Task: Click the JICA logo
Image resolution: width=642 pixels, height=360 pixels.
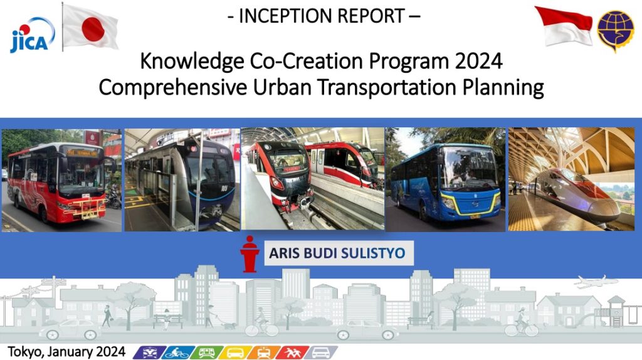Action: pyautogui.click(x=32, y=36)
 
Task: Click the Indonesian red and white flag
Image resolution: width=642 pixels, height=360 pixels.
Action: pyautogui.click(x=564, y=26)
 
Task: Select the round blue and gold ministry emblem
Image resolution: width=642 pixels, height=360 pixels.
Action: pyautogui.click(x=616, y=30)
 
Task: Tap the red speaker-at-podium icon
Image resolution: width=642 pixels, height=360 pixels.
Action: pyautogui.click(x=250, y=254)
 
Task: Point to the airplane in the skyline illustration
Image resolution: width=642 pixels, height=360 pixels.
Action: pyautogui.click(x=596, y=282)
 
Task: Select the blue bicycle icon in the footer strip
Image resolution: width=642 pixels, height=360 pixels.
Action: pyautogui.click(x=177, y=352)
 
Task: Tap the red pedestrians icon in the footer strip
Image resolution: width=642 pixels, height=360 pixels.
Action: pyautogui.click(x=292, y=352)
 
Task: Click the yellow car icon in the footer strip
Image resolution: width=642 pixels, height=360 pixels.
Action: pyautogui.click(x=234, y=352)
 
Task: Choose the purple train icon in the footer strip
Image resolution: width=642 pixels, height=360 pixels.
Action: pyautogui.click(x=149, y=352)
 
